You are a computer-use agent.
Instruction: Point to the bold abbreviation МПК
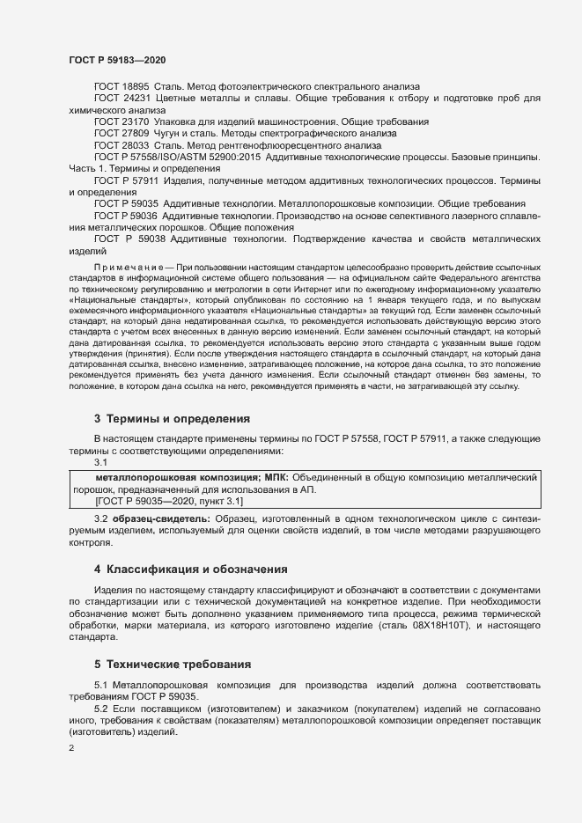(x=276, y=476)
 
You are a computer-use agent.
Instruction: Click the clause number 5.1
(x=100, y=684)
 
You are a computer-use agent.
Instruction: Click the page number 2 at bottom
(x=71, y=748)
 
